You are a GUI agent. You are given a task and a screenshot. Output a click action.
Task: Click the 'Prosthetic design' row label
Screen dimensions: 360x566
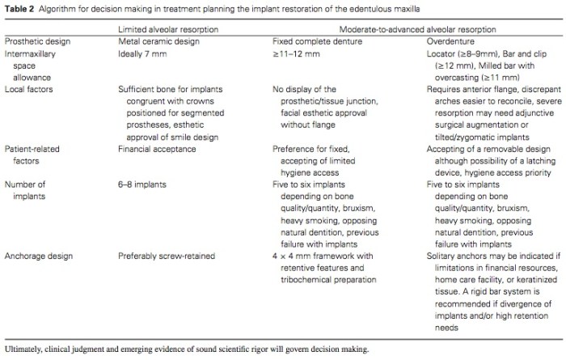pyautogui.click(x=35, y=40)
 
